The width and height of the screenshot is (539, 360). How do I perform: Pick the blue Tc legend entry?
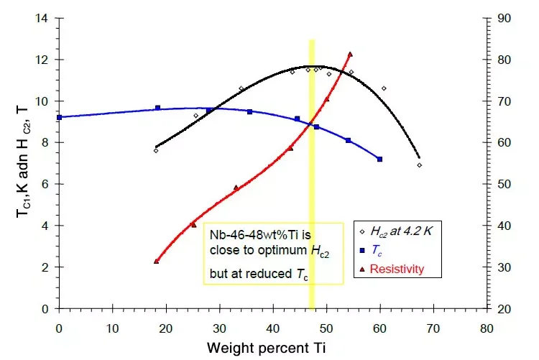pos(377,249)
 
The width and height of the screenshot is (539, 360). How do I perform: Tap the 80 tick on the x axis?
pos(487,328)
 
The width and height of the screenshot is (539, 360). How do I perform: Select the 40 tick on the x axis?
pos(272,328)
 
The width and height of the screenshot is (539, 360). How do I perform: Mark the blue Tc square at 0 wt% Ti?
pos(59,117)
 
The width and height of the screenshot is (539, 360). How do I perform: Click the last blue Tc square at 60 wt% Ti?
pos(379,159)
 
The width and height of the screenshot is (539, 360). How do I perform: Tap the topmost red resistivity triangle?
pos(350,54)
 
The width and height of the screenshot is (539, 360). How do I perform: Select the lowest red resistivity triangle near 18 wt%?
pos(156,261)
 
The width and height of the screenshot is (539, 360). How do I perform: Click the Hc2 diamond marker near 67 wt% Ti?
pos(419,165)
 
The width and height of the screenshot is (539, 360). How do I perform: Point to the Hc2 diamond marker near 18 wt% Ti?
pos(155,150)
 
